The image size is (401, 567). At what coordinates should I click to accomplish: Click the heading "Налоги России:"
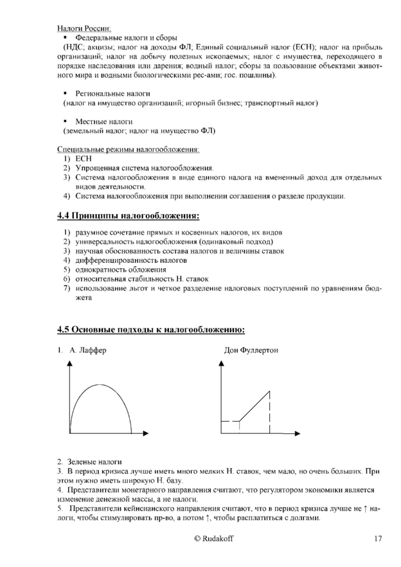click(x=84, y=28)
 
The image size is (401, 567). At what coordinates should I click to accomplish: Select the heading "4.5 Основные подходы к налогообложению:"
click(x=150, y=330)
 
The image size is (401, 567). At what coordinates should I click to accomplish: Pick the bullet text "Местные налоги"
click(x=103, y=122)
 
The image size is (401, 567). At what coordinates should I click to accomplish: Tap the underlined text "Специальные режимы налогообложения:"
click(x=129, y=150)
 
